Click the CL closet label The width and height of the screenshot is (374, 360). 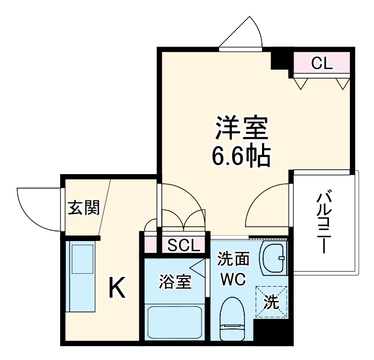click(322, 64)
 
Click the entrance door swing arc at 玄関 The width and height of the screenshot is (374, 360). click(38, 206)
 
